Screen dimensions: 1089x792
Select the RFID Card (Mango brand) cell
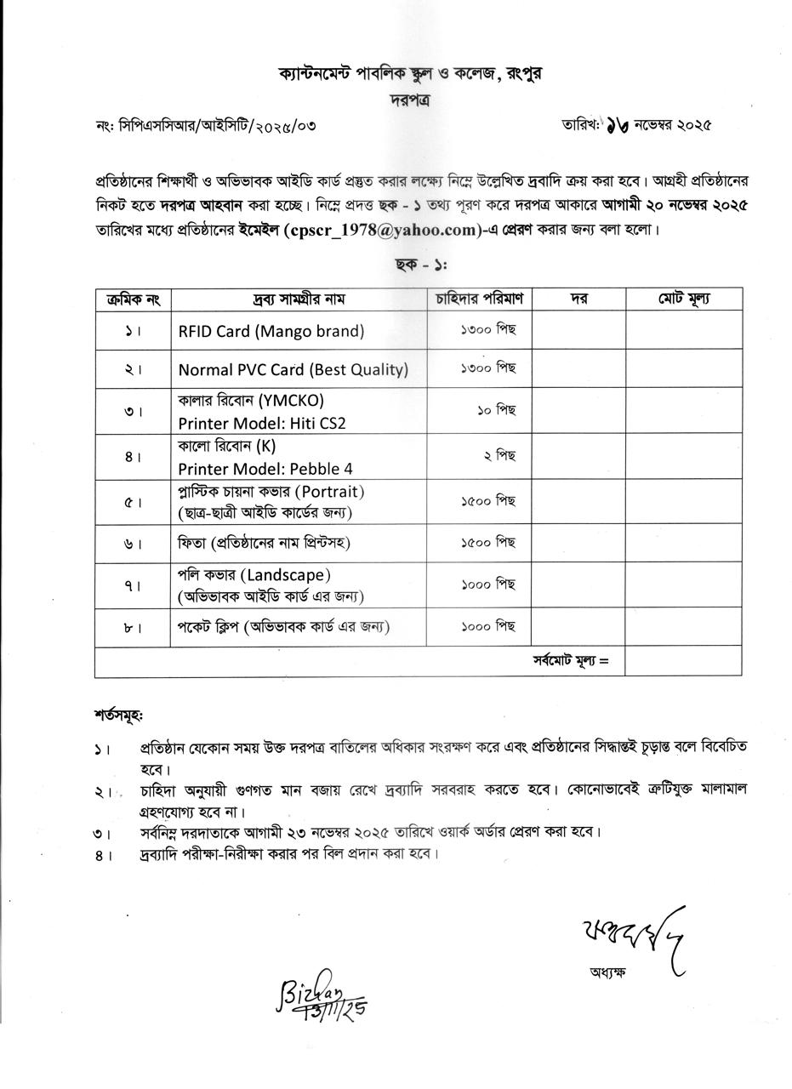click(271, 331)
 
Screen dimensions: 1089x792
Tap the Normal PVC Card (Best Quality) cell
click(293, 369)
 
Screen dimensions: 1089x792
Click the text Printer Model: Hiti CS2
click(261, 423)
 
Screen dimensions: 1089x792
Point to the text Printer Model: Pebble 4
click(265, 468)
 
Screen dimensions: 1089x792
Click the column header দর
click(578, 299)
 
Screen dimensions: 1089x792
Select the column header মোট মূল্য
click(684, 299)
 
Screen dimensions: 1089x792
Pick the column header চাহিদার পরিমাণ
click(479, 299)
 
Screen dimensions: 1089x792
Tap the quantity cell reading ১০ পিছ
click(496, 410)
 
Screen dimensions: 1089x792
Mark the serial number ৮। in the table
click(133, 628)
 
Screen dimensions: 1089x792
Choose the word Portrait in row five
click(333, 492)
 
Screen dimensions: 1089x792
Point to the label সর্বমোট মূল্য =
click(570, 660)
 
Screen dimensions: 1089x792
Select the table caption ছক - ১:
click(421, 264)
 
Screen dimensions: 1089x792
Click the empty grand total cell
click(683, 661)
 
